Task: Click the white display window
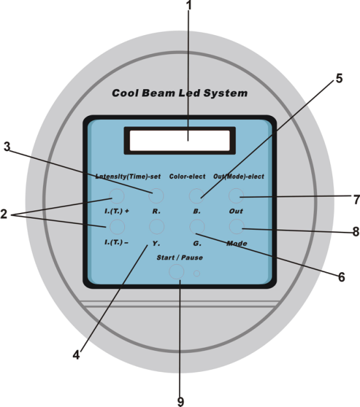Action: click(180, 141)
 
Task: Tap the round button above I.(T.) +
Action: click(117, 196)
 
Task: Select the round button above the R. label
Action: click(156, 196)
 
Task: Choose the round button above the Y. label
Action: click(157, 227)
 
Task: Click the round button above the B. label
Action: click(197, 196)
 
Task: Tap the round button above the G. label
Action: click(197, 227)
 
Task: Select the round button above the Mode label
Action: click(237, 227)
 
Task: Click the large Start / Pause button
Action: click(176, 272)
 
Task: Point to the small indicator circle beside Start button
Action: click(197, 274)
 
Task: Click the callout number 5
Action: click(339, 78)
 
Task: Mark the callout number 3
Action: click(7, 147)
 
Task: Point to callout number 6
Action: click(342, 277)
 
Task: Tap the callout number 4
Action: click(76, 355)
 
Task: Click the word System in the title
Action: click(225, 93)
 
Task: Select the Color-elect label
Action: click(187, 176)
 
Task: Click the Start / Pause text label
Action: click(180, 257)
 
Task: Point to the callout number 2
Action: click(4, 214)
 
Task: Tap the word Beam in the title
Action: click(159, 93)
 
